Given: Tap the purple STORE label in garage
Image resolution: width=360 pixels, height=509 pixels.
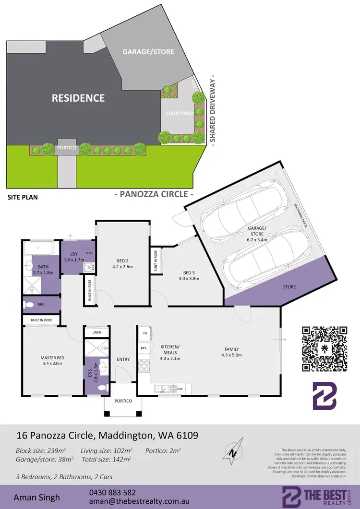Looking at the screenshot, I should click(x=289, y=287).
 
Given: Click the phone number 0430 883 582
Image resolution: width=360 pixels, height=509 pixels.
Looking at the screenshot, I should click(x=112, y=492).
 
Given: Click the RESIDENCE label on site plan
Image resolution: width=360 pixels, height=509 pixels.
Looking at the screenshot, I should click(x=78, y=98).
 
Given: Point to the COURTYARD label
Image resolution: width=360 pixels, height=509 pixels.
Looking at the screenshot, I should click(x=179, y=113).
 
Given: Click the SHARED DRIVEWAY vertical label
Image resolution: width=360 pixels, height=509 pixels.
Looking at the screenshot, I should click(x=212, y=110).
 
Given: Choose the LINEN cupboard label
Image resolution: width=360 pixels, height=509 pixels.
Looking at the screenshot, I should click(x=96, y=332).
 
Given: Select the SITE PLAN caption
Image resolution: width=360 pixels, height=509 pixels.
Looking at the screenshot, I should click(x=23, y=197).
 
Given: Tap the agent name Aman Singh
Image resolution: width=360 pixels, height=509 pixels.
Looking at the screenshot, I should click(x=37, y=497).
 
